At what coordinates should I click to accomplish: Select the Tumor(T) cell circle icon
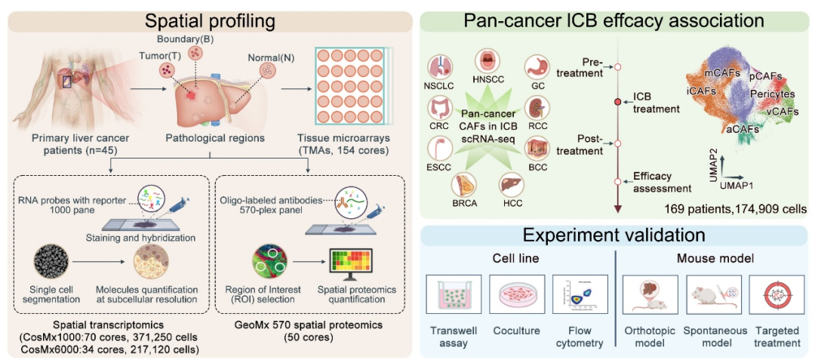tap(167, 70)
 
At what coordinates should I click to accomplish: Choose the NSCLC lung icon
tap(439, 65)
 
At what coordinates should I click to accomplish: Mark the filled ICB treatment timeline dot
tap(618, 101)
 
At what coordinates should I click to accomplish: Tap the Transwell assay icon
tap(454, 295)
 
